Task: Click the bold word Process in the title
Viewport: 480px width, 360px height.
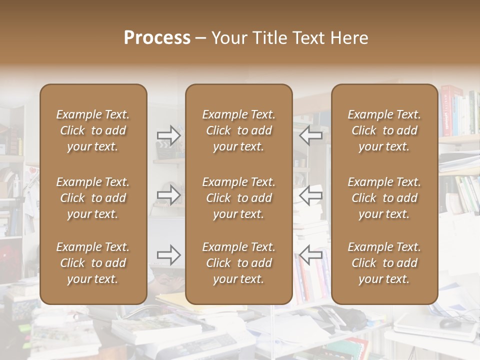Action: coord(157,38)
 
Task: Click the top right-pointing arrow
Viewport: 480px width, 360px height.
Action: coord(168,135)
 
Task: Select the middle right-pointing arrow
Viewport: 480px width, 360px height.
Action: coord(168,194)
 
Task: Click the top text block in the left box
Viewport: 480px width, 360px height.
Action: coord(93,130)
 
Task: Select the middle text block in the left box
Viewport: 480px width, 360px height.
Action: coord(93,198)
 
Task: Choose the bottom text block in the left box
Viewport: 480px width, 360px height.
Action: coord(93,263)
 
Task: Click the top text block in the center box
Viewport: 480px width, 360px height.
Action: coord(238,130)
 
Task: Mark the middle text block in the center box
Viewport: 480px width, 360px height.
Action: coord(238,198)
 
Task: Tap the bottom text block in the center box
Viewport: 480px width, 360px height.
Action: coord(238,263)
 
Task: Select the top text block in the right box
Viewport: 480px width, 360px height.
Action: coord(384,130)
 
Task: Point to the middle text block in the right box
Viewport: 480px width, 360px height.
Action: coord(384,198)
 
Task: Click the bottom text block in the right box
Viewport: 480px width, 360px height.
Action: coord(384,263)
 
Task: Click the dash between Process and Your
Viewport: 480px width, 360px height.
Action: coord(201,38)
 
